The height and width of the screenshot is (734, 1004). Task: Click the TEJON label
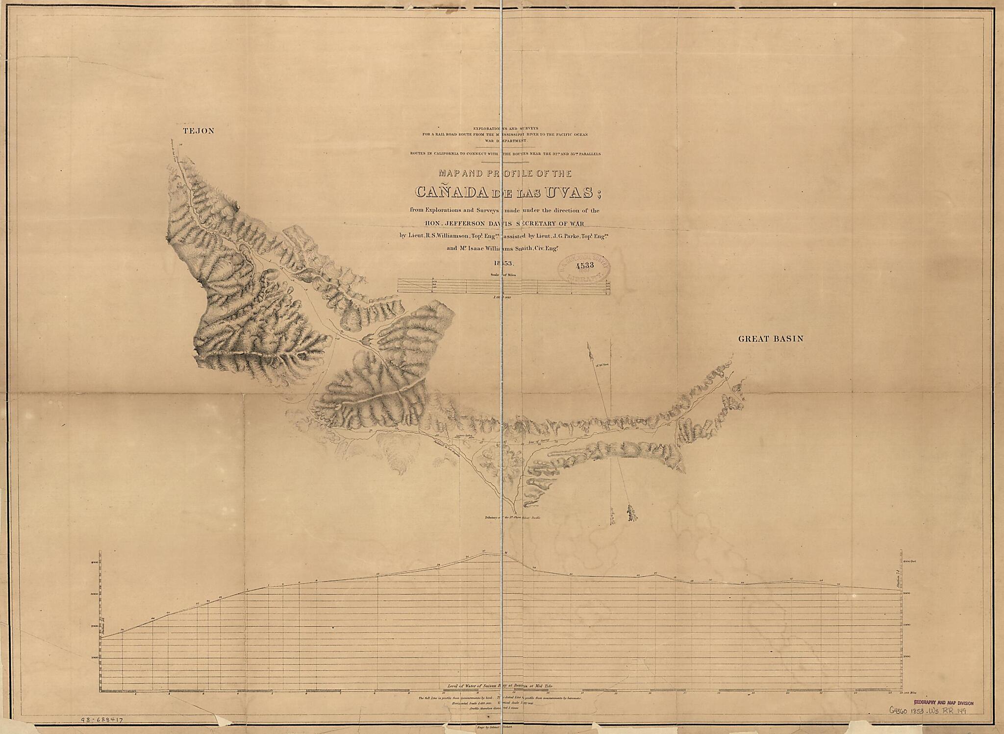click(198, 131)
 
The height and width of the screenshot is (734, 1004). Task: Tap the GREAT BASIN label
click(771, 339)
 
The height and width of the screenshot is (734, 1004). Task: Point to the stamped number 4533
click(585, 266)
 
